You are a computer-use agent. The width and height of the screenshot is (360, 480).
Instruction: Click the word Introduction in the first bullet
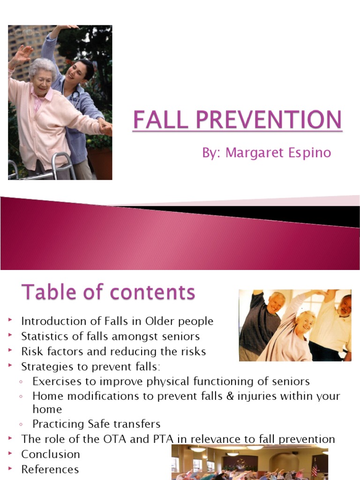(52, 321)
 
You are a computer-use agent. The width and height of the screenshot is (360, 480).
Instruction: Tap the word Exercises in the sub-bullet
(56, 381)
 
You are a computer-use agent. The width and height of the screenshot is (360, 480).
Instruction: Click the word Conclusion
(51, 454)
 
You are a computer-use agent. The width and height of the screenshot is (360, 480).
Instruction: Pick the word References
(50, 469)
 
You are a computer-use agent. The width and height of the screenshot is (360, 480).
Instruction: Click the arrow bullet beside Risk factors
(10, 351)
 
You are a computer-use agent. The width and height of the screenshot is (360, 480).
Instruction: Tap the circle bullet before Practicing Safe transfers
(22, 424)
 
